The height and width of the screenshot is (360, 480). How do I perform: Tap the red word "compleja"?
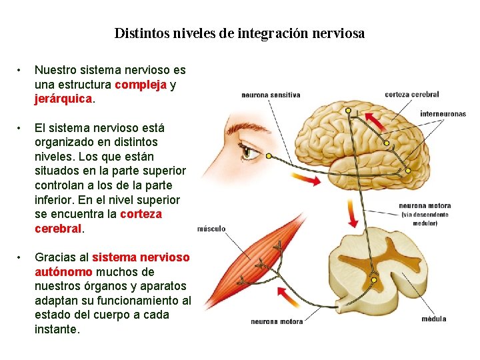pos(141,85)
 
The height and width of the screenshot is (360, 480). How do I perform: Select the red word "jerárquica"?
pos(63,99)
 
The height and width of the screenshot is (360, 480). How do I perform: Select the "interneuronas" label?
pos(443,114)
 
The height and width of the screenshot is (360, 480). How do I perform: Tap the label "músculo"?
pos(211,229)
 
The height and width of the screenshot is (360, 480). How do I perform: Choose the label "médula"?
pos(433,319)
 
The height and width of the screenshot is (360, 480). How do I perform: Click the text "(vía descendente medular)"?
pos(425,219)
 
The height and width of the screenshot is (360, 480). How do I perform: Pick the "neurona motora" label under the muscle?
pos(277,321)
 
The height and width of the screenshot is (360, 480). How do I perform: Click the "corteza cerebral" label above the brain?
pos(411,95)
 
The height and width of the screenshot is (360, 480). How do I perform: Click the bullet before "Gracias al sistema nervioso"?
pos(21,257)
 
